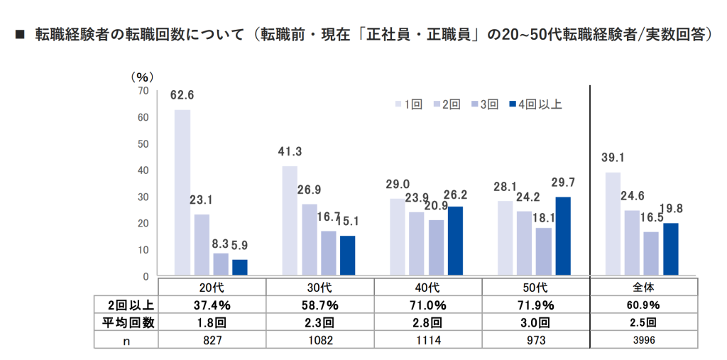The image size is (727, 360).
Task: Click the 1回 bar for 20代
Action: pyautogui.click(x=182, y=192)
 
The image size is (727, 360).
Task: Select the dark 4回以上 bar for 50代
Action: pyautogui.click(x=562, y=236)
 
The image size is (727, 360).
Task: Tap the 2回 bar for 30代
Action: pyautogui.click(x=310, y=239)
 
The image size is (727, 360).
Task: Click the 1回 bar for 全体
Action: pyautogui.click(x=613, y=224)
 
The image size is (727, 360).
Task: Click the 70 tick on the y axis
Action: pyautogui.click(x=143, y=90)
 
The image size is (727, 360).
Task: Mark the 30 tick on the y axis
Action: pyautogui.click(x=143, y=197)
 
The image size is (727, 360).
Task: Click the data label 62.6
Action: pyautogui.click(x=182, y=97)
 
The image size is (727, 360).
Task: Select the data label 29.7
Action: pyautogui.click(x=562, y=184)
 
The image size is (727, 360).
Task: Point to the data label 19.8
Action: pyautogui.click(x=671, y=210)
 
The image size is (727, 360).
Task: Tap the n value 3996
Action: pyautogui.click(x=643, y=339)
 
